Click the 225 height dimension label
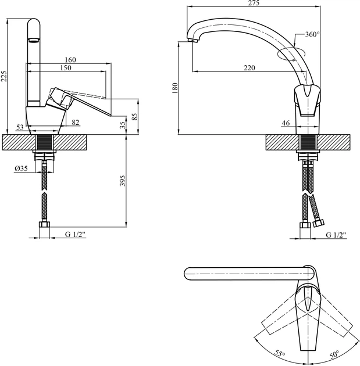click(4, 76)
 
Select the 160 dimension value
click(70, 60)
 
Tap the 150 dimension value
click(65, 68)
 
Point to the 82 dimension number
click(75, 122)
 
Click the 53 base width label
click(20, 127)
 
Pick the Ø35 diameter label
click(21, 168)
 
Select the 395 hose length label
click(123, 181)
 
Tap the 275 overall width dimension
click(254, 3)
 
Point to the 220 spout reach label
click(249, 68)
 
